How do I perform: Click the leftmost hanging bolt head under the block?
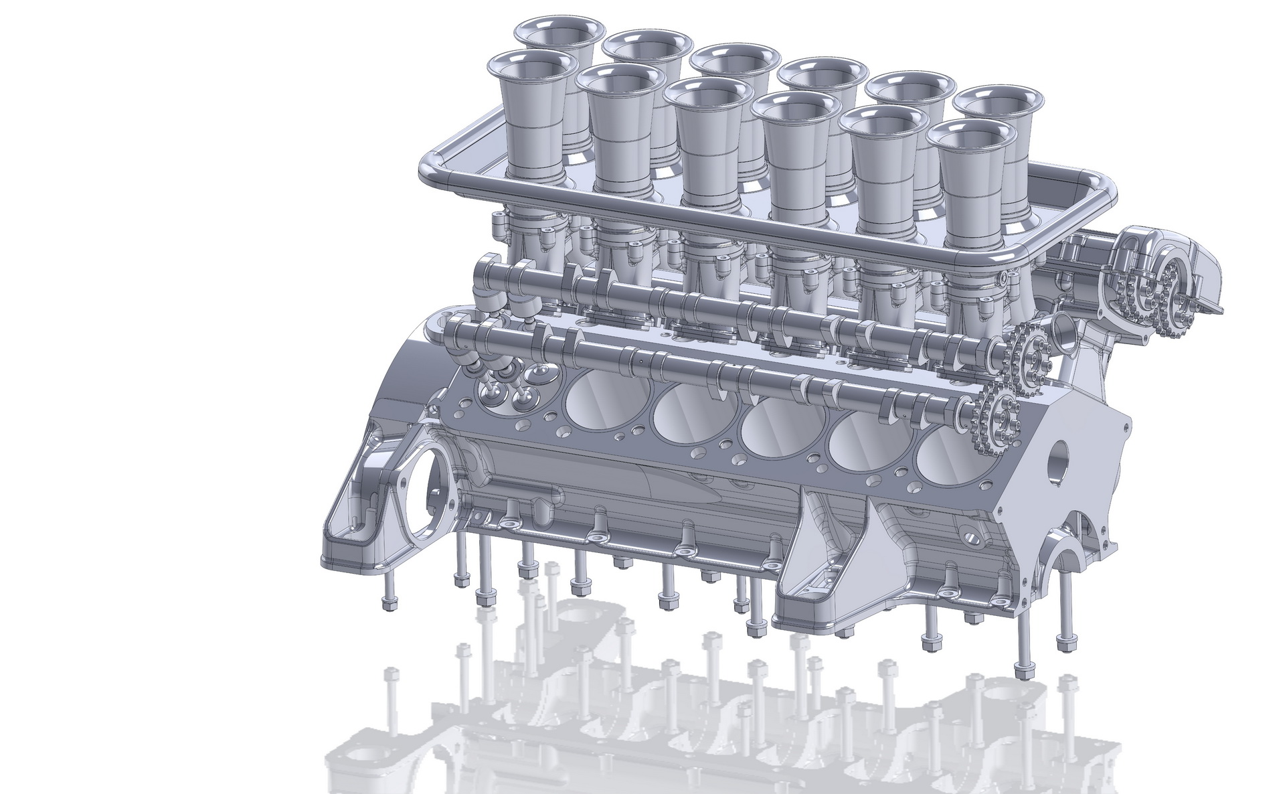[x=388, y=605]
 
